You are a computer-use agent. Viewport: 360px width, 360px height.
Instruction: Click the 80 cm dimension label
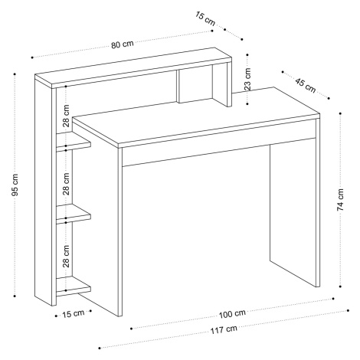point(123,44)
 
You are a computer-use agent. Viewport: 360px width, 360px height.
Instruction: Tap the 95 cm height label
point(15,185)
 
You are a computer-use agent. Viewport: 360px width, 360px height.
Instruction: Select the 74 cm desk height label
point(340,200)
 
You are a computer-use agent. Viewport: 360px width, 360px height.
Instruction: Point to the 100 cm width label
point(232,314)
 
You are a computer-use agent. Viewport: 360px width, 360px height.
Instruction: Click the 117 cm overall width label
point(224,329)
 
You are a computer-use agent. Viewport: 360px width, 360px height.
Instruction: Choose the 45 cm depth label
point(306,85)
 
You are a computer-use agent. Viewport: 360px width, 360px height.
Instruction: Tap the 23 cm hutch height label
point(247,79)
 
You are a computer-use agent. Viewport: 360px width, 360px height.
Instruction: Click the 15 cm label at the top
point(205,18)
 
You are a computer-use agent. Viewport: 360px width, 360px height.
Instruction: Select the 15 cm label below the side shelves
point(74,313)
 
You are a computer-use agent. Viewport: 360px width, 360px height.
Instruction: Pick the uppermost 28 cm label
point(66,116)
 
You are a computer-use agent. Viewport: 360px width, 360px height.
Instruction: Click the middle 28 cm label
point(66,184)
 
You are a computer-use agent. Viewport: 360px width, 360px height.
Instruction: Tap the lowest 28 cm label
point(66,256)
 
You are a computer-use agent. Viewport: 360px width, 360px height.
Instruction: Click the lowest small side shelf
point(74,286)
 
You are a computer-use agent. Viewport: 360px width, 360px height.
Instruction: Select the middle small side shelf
point(74,214)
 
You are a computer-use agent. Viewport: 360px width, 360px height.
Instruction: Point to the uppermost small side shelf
point(74,142)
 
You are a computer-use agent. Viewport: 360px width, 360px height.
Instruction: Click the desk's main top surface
point(197,116)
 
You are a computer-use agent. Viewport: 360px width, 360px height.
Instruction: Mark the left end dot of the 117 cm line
point(100,348)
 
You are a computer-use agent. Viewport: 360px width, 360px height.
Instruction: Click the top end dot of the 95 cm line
point(15,74)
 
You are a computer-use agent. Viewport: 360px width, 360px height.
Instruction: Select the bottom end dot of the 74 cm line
point(340,286)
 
